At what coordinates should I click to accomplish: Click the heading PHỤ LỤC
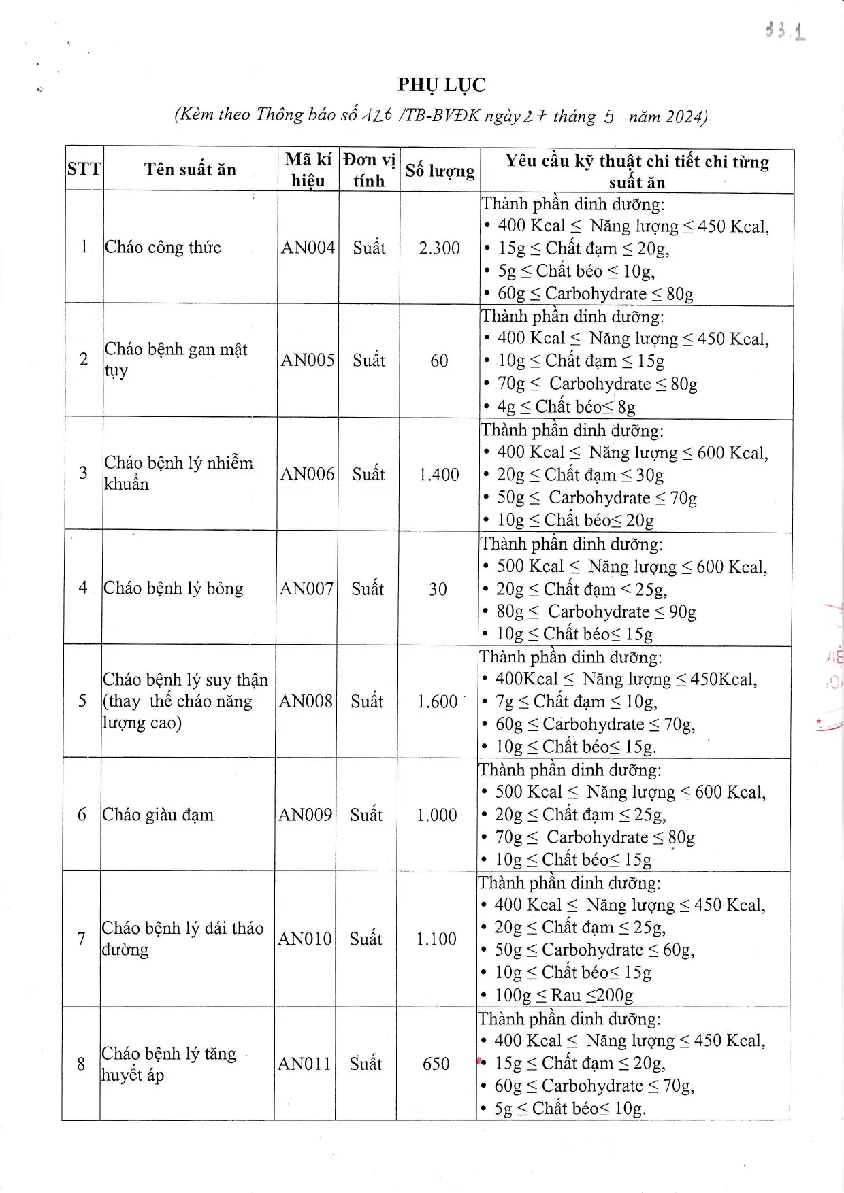442,85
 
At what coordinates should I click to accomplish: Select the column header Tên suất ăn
190,169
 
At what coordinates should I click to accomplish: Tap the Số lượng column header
440,170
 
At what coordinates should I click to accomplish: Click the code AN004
308,248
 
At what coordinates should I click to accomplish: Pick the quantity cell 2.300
440,248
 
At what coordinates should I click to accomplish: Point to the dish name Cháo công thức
163,247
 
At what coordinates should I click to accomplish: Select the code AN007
306,588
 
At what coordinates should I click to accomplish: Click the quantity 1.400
439,475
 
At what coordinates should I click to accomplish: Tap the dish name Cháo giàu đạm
158,815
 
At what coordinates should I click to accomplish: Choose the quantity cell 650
436,1064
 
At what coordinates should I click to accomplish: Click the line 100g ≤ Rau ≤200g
564,996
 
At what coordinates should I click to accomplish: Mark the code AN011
304,1064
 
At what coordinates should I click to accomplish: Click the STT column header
84,169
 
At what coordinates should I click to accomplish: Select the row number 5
82,701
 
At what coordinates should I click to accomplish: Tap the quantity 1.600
438,702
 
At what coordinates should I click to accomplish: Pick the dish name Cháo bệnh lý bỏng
173,588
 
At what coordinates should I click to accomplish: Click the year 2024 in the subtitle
682,117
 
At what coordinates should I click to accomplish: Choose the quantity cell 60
439,360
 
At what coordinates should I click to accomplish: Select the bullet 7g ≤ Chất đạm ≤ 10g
576,702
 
